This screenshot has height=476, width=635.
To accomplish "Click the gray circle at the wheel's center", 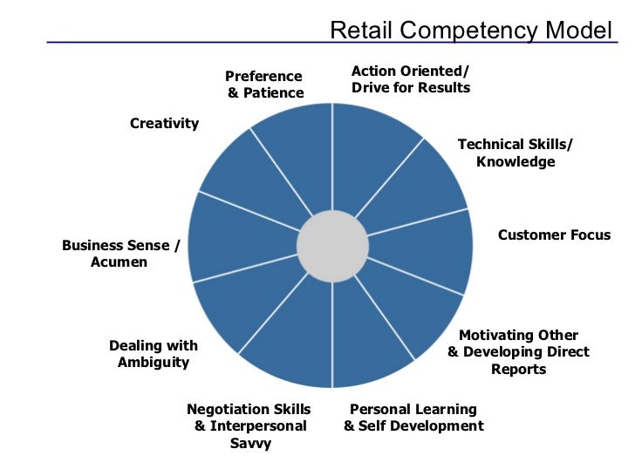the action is [x=331, y=246].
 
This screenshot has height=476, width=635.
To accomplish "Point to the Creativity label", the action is [x=164, y=123].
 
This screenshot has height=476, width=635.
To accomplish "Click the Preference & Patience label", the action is [x=264, y=85].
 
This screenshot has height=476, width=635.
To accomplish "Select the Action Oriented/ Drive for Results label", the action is [x=410, y=78].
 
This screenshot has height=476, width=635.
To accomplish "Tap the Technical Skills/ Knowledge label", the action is [x=516, y=153].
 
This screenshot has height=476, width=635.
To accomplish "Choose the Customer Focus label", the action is [x=554, y=235].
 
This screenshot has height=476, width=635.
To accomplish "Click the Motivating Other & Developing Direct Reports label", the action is [x=518, y=351].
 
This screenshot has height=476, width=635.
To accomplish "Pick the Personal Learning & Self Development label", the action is [x=413, y=418].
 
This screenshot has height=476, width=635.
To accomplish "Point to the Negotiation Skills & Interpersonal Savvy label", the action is [x=250, y=425].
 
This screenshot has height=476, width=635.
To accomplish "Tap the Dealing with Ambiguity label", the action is [x=154, y=354].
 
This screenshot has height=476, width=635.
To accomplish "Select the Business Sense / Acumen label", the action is [x=119, y=254].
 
